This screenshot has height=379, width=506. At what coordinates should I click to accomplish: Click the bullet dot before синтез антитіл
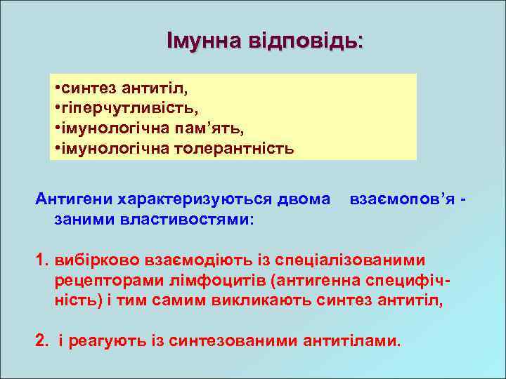click(x=56, y=89)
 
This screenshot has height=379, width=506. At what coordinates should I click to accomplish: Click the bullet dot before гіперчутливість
click(x=56, y=109)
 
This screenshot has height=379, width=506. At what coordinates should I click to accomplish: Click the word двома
click(x=306, y=200)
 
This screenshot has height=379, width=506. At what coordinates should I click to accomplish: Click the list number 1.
click(x=41, y=260)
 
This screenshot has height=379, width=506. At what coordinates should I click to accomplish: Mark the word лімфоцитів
click(x=216, y=281)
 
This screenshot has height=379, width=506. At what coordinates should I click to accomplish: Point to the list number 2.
click(x=41, y=341)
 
